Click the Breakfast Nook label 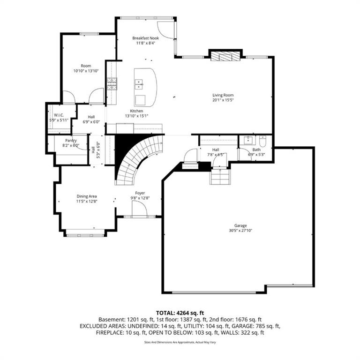pos(146,38)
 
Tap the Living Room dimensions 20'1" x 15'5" pos(223,100)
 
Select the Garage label pos(240,225)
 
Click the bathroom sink pos(249,140)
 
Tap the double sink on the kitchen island pos(139,84)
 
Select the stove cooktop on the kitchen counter pos(112,84)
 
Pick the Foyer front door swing pos(139,209)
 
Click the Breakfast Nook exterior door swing pos(166,30)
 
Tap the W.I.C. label pos(59,115)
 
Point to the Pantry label pos(71,141)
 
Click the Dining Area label pos(87,196)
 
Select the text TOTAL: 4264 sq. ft pos(180,313)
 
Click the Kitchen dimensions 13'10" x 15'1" pos(136,116)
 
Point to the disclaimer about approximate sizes pos(180,342)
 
